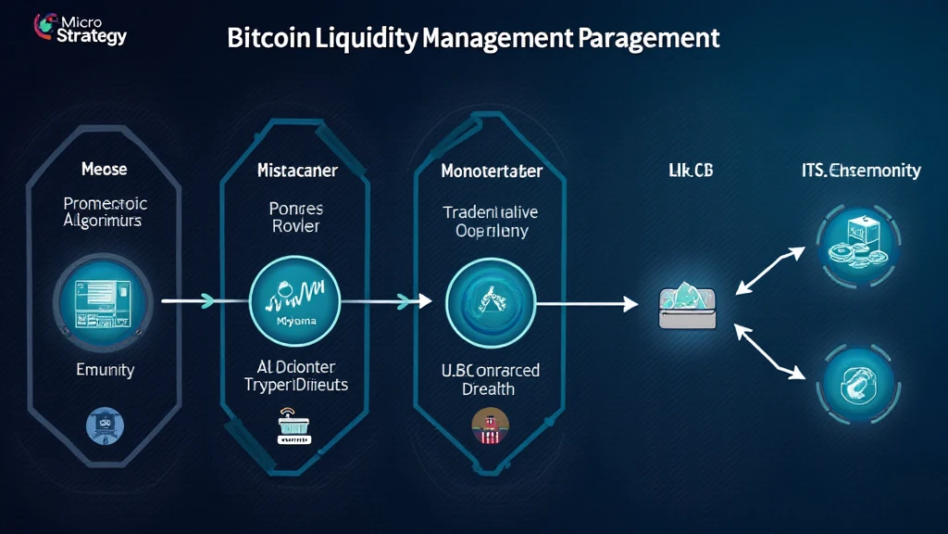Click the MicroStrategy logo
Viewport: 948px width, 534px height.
coord(80,29)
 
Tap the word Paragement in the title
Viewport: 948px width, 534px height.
coord(648,38)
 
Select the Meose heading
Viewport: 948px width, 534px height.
coord(104,170)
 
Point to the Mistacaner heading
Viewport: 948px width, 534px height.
coord(297,171)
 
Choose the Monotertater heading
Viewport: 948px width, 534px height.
coord(491,172)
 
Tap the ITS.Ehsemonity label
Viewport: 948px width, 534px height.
coord(861,171)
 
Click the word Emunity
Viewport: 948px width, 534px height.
coord(105,370)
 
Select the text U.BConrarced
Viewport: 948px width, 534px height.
coord(491,371)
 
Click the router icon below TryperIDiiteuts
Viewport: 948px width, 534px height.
coord(296,428)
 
